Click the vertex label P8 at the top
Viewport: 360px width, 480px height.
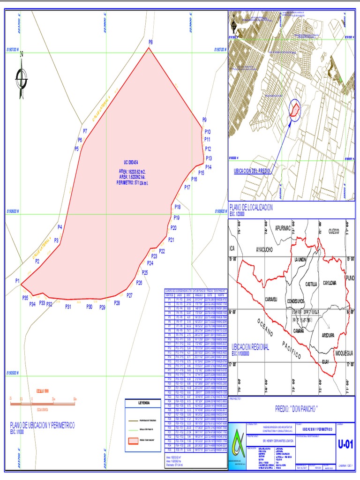pos(150,42)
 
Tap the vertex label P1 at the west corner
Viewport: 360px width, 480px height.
pos(17,281)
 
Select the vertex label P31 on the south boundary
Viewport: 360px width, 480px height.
pos(68,307)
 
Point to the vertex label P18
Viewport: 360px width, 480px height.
pos(177,207)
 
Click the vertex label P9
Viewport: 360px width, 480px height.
pos(204,120)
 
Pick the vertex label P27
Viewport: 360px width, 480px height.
pos(129,295)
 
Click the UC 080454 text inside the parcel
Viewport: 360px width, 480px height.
pos(128,162)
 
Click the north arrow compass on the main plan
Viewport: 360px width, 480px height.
pos(22,77)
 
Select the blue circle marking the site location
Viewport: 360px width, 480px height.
pos(295,110)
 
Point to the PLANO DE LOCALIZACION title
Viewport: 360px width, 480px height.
pos(251,207)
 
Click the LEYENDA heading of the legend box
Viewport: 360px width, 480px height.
pos(144,403)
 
